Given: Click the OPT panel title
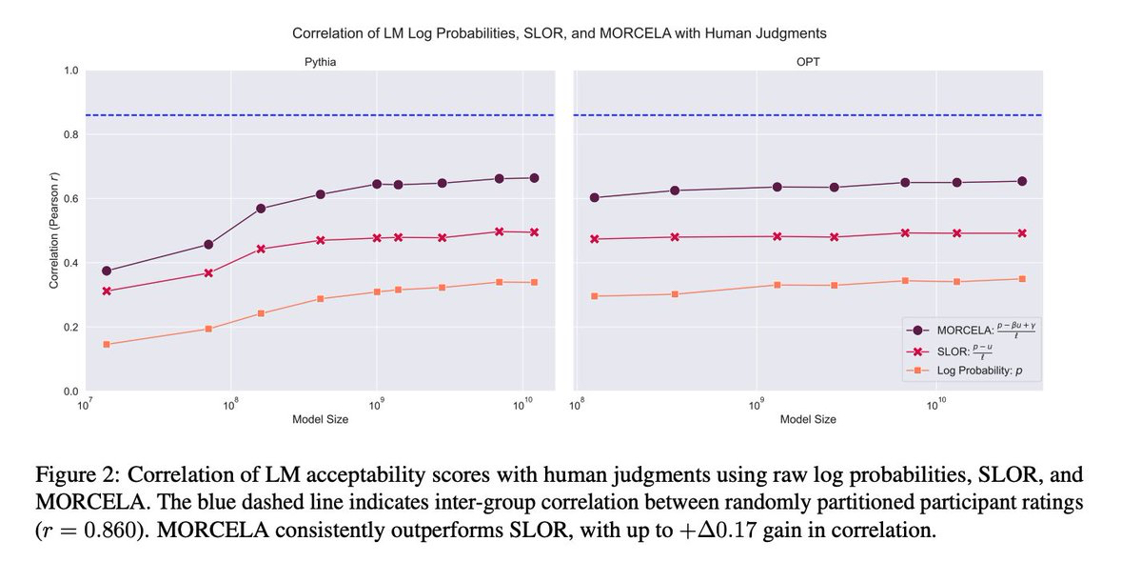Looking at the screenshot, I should point(809,60).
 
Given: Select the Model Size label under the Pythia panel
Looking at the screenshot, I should point(320,419).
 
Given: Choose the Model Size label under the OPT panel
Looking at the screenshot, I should point(808,419).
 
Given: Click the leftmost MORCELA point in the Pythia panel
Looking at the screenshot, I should point(107,271).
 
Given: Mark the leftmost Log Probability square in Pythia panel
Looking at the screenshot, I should point(107,344).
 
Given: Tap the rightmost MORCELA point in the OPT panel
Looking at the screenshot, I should point(1022,181).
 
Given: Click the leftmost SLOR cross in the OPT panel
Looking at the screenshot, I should point(595,239).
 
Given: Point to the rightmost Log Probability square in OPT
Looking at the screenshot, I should point(1022,279).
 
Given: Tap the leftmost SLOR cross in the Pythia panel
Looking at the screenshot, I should point(107,291).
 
